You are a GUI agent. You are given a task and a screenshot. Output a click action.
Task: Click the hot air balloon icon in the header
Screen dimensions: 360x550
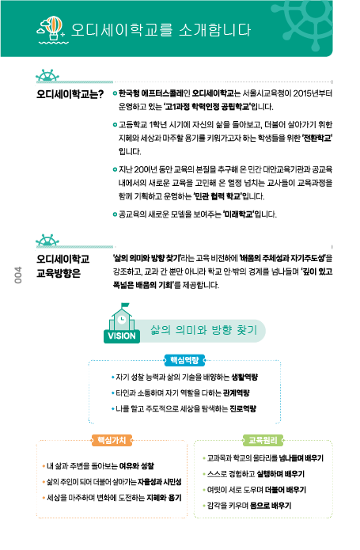pyautogui.click(x=52, y=29)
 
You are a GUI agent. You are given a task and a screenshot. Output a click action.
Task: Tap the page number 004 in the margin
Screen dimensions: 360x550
pyautogui.click(x=18, y=275)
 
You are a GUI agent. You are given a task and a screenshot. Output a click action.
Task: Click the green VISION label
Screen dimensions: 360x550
pyautogui.click(x=122, y=336)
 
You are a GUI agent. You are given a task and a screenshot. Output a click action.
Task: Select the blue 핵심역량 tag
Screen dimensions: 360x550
pyautogui.click(x=184, y=360)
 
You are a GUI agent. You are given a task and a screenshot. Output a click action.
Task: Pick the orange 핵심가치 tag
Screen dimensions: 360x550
pyautogui.click(x=112, y=440)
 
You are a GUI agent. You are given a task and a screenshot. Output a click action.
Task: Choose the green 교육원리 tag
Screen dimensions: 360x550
pyautogui.click(x=263, y=440)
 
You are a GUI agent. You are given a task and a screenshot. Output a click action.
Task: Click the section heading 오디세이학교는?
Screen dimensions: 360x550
pyautogui.click(x=70, y=94)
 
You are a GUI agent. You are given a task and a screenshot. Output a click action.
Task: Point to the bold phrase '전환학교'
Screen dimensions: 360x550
pyautogui.click(x=317, y=138)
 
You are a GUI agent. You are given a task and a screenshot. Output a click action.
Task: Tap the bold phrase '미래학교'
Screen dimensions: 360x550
pyautogui.click(x=238, y=214)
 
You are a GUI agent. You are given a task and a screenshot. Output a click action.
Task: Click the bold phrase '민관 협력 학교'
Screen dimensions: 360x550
pyautogui.click(x=218, y=196)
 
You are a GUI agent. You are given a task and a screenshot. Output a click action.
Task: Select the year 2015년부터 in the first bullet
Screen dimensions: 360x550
pyautogui.click(x=313, y=93)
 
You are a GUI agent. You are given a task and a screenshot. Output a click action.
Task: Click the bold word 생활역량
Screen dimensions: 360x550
pyautogui.click(x=244, y=377)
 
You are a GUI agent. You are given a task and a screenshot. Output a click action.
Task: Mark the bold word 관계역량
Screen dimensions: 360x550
pyautogui.click(x=237, y=393)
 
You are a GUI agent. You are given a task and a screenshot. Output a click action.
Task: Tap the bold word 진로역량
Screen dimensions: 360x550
pyautogui.click(x=243, y=408)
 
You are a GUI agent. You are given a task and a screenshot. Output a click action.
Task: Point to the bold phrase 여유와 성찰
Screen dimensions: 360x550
pyautogui.click(x=137, y=466)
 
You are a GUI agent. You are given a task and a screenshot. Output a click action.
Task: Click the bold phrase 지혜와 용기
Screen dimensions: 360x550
pyautogui.click(x=164, y=498)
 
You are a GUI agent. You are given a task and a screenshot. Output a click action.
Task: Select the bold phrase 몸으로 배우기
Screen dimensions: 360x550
pyautogui.click(x=271, y=506)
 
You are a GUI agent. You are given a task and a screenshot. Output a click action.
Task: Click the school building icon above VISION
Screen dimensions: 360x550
pyautogui.click(x=122, y=317)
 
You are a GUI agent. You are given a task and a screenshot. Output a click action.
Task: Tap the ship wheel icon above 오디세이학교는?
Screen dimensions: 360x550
pyautogui.click(x=47, y=75)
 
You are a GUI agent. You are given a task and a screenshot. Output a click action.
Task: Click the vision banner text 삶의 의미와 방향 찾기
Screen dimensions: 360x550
pyautogui.click(x=203, y=330)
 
